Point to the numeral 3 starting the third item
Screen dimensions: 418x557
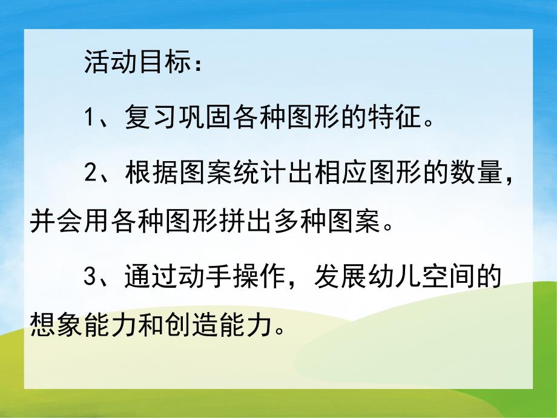click(91, 278)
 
